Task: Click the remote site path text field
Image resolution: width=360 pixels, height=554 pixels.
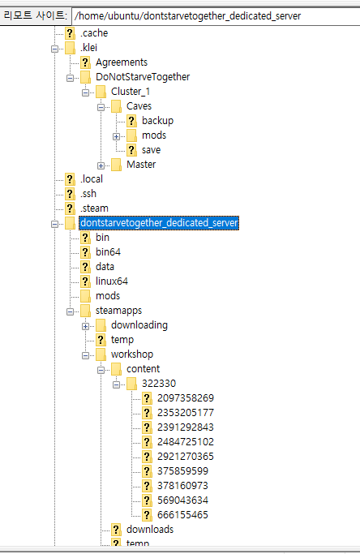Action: click(x=216, y=16)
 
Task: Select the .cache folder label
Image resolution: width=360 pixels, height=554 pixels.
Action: click(x=94, y=33)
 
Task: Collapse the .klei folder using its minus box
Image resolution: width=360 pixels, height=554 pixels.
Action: click(x=55, y=49)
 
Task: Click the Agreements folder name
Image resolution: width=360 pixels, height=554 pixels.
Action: click(x=122, y=62)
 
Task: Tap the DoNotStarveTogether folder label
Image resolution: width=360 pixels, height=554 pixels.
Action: click(x=143, y=77)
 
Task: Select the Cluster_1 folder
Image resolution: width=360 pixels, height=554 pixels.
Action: click(x=131, y=92)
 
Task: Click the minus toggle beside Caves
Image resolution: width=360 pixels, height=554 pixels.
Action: click(x=101, y=107)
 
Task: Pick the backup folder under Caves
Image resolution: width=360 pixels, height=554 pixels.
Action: click(x=157, y=121)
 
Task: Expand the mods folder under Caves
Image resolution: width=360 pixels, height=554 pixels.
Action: click(x=116, y=136)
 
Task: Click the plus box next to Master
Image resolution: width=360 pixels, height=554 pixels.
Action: click(x=101, y=165)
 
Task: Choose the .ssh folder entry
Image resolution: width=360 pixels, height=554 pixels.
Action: click(x=88, y=194)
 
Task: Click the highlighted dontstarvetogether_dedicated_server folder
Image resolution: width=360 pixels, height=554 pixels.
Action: click(x=159, y=223)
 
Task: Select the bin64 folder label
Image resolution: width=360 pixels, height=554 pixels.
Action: click(x=108, y=252)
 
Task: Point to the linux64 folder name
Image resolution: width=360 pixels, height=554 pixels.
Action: click(x=112, y=281)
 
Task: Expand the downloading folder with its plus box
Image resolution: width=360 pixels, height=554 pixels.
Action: click(x=85, y=326)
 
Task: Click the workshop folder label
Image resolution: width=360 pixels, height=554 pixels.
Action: click(x=132, y=354)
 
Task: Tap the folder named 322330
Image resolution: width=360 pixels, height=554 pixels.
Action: click(x=159, y=384)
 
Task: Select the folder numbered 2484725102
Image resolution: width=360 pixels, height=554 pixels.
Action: click(x=186, y=441)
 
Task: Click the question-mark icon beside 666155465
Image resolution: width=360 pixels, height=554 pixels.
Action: click(x=147, y=515)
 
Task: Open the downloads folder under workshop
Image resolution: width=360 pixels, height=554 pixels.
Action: click(x=150, y=530)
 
